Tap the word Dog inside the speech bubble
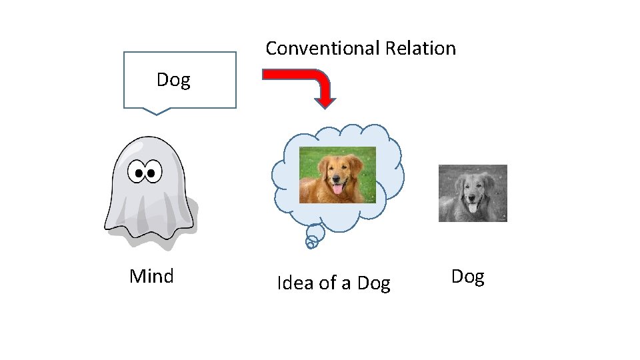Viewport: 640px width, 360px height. coord(173,80)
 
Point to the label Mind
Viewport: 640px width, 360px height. coord(151,276)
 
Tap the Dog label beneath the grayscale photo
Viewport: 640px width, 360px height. coord(467,276)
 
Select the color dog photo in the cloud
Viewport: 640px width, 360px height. coord(337,175)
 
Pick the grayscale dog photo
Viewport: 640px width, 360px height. coord(473,193)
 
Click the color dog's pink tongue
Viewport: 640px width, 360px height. coord(338,190)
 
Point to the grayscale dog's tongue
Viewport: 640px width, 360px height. coord(473,209)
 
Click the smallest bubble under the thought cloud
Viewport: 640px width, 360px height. coord(310,244)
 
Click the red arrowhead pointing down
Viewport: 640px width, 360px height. coord(325,101)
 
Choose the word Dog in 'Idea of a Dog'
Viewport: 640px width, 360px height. coord(373,283)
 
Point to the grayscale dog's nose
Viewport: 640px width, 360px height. coord(472,197)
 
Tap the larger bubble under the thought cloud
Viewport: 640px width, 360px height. coord(315,233)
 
